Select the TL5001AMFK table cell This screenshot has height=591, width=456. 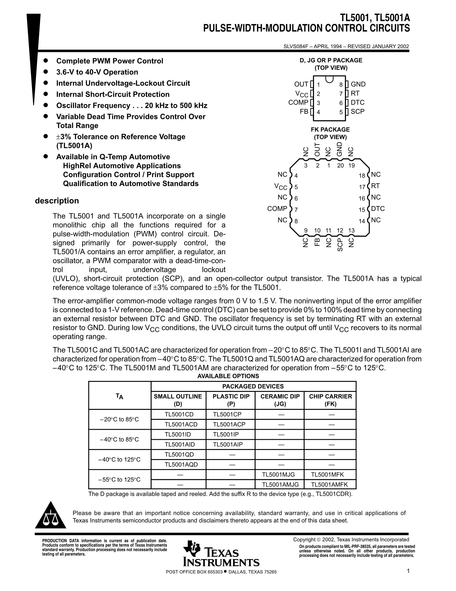329,484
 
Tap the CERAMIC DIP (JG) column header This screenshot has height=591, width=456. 280,400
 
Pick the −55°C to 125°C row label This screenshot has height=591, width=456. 120,479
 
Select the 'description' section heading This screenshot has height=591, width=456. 57,201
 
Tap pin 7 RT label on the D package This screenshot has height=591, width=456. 355,93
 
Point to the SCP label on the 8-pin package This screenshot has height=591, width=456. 358,112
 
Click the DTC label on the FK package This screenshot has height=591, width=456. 378,209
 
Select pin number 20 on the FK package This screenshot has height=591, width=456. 340,165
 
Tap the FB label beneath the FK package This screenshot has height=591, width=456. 317,242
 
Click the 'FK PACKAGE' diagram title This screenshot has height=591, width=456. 330,130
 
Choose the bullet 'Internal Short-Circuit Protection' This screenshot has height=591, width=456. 113,95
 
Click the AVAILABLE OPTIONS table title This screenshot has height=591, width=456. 228,376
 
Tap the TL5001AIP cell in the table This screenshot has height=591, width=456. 228,444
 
